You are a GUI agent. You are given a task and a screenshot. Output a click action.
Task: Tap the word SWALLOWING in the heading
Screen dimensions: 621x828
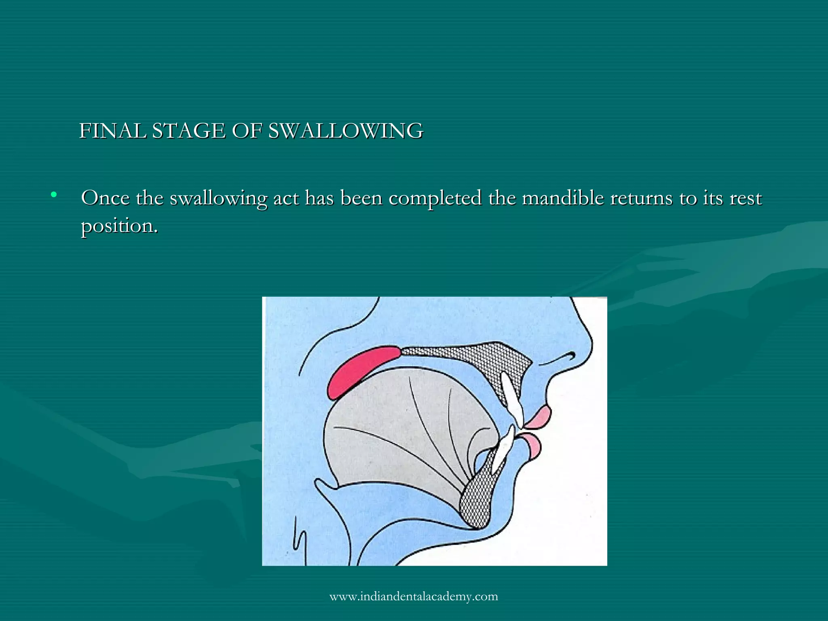click(346, 131)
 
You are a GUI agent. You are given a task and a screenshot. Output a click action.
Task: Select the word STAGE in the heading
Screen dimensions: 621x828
click(188, 131)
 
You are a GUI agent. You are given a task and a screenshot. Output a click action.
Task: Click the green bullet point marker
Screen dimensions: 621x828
click(54, 195)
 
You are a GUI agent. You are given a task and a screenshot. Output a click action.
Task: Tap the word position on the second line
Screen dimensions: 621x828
click(119, 226)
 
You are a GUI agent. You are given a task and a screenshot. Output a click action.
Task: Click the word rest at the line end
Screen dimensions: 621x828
click(746, 198)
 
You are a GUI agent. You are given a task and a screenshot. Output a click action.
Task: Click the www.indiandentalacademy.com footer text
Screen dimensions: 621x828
click(414, 596)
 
